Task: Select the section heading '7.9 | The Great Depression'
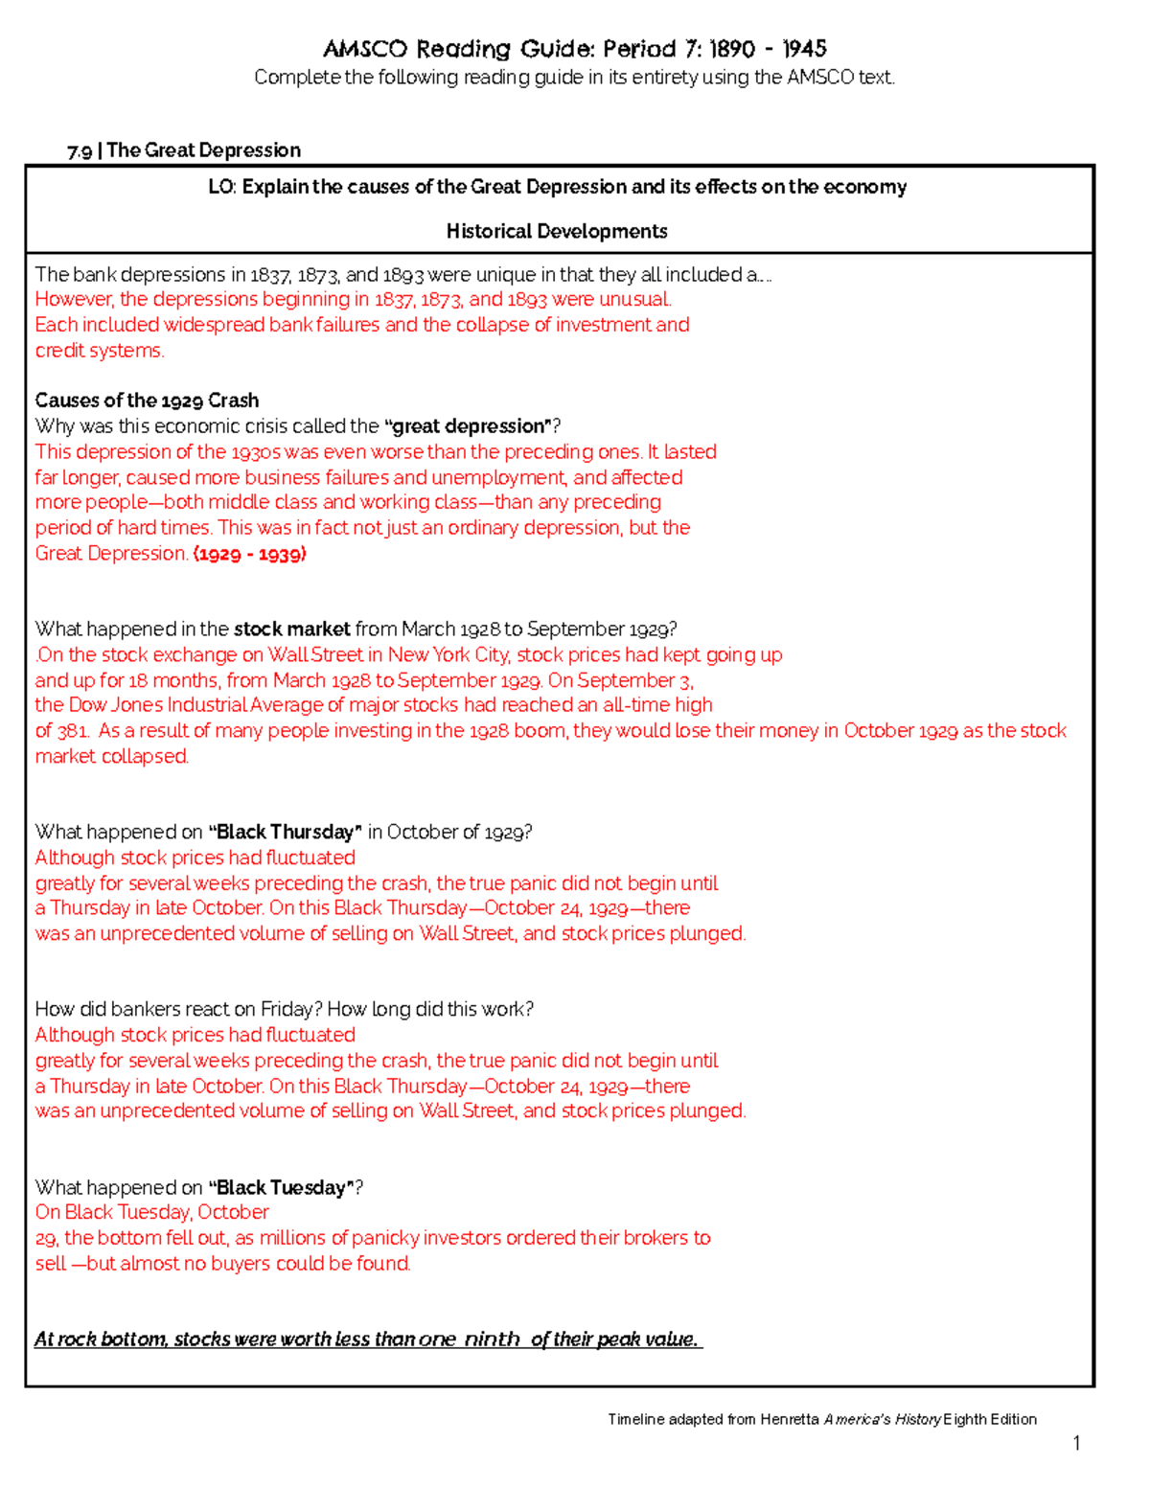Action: tap(184, 150)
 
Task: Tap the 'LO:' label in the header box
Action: tap(221, 187)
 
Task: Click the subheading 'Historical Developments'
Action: tap(557, 231)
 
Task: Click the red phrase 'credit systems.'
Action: tap(100, 351)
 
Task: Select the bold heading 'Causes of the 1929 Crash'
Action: tap(147, 401)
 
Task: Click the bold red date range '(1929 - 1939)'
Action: tap(249, 554)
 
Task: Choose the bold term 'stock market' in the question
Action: tap(291, 630)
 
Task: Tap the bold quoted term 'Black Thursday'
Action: tap(285, 833)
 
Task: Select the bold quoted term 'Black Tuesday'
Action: tap(281, 1188)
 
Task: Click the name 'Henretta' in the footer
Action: tap(790, 1419)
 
